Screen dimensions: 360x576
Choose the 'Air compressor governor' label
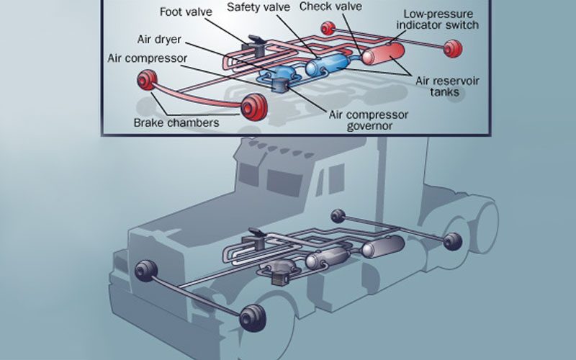coord(369,120)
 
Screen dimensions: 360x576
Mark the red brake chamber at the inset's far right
coord(453,49)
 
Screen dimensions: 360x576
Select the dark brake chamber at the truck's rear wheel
coord(451,243)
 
